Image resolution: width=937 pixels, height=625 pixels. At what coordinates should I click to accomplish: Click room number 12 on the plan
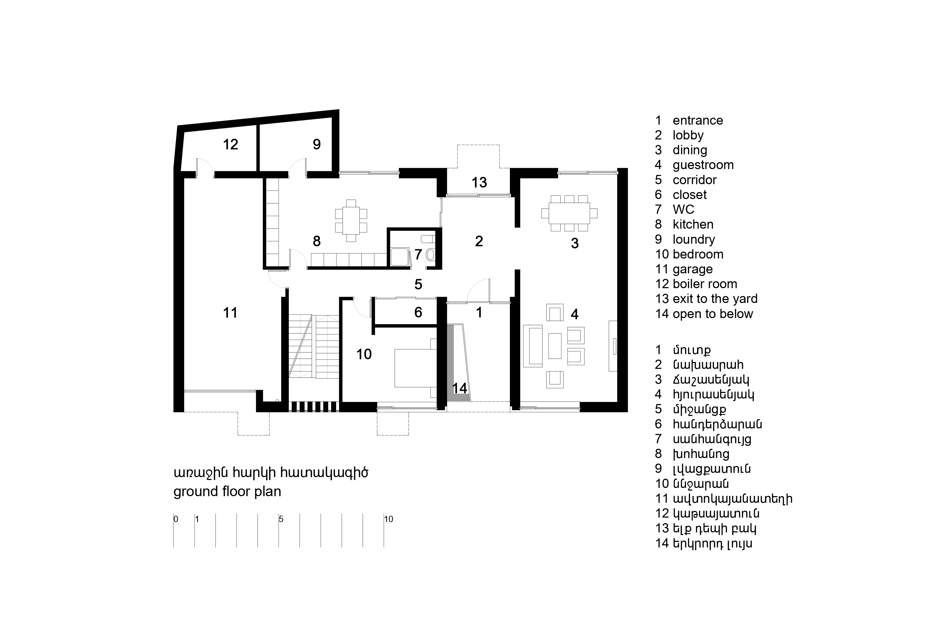pos(230,144)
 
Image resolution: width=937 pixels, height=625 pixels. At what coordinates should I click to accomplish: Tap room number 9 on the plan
pos(317,144)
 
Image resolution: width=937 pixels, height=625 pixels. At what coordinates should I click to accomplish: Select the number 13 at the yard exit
pos(479,183)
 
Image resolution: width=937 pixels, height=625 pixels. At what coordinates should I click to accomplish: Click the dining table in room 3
pos(569,213)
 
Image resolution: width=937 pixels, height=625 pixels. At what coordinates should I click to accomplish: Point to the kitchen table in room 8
pos(351,220)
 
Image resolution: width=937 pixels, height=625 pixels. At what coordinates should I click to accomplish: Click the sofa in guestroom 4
pos(533,346)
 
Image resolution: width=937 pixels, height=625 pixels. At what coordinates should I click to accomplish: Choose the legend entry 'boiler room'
pos(705,284)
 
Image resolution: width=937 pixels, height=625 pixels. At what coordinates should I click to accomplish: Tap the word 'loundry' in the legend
pos(694,239)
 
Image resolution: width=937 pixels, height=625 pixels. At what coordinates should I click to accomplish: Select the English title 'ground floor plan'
pos(227,491)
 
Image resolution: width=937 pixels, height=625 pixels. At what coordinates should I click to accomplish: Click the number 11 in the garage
pos(230,313)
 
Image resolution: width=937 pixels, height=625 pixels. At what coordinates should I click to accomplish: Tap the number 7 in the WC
pos(418,254)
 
